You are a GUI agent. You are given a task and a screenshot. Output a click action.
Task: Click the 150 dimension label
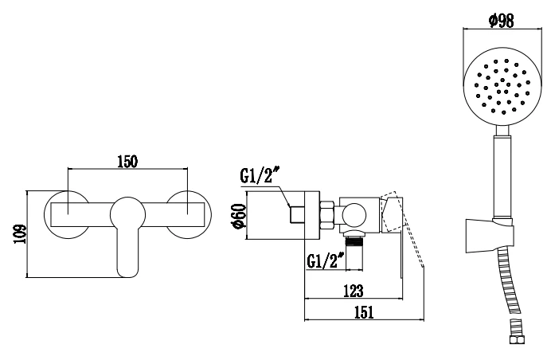coord(127,162)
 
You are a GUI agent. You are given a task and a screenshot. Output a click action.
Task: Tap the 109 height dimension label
coord(20,234)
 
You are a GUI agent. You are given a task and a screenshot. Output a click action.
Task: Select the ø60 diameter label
coord(240,216)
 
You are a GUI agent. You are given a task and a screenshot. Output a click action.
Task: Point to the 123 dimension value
coord(353,291)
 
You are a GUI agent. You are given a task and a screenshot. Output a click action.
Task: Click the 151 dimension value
coord(364,312)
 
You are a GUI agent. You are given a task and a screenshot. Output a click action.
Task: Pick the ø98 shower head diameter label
coord(502,21)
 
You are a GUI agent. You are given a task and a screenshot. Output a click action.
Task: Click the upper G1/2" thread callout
coord(260,175)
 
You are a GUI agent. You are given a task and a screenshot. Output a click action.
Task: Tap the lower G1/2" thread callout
coord(326,260)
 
